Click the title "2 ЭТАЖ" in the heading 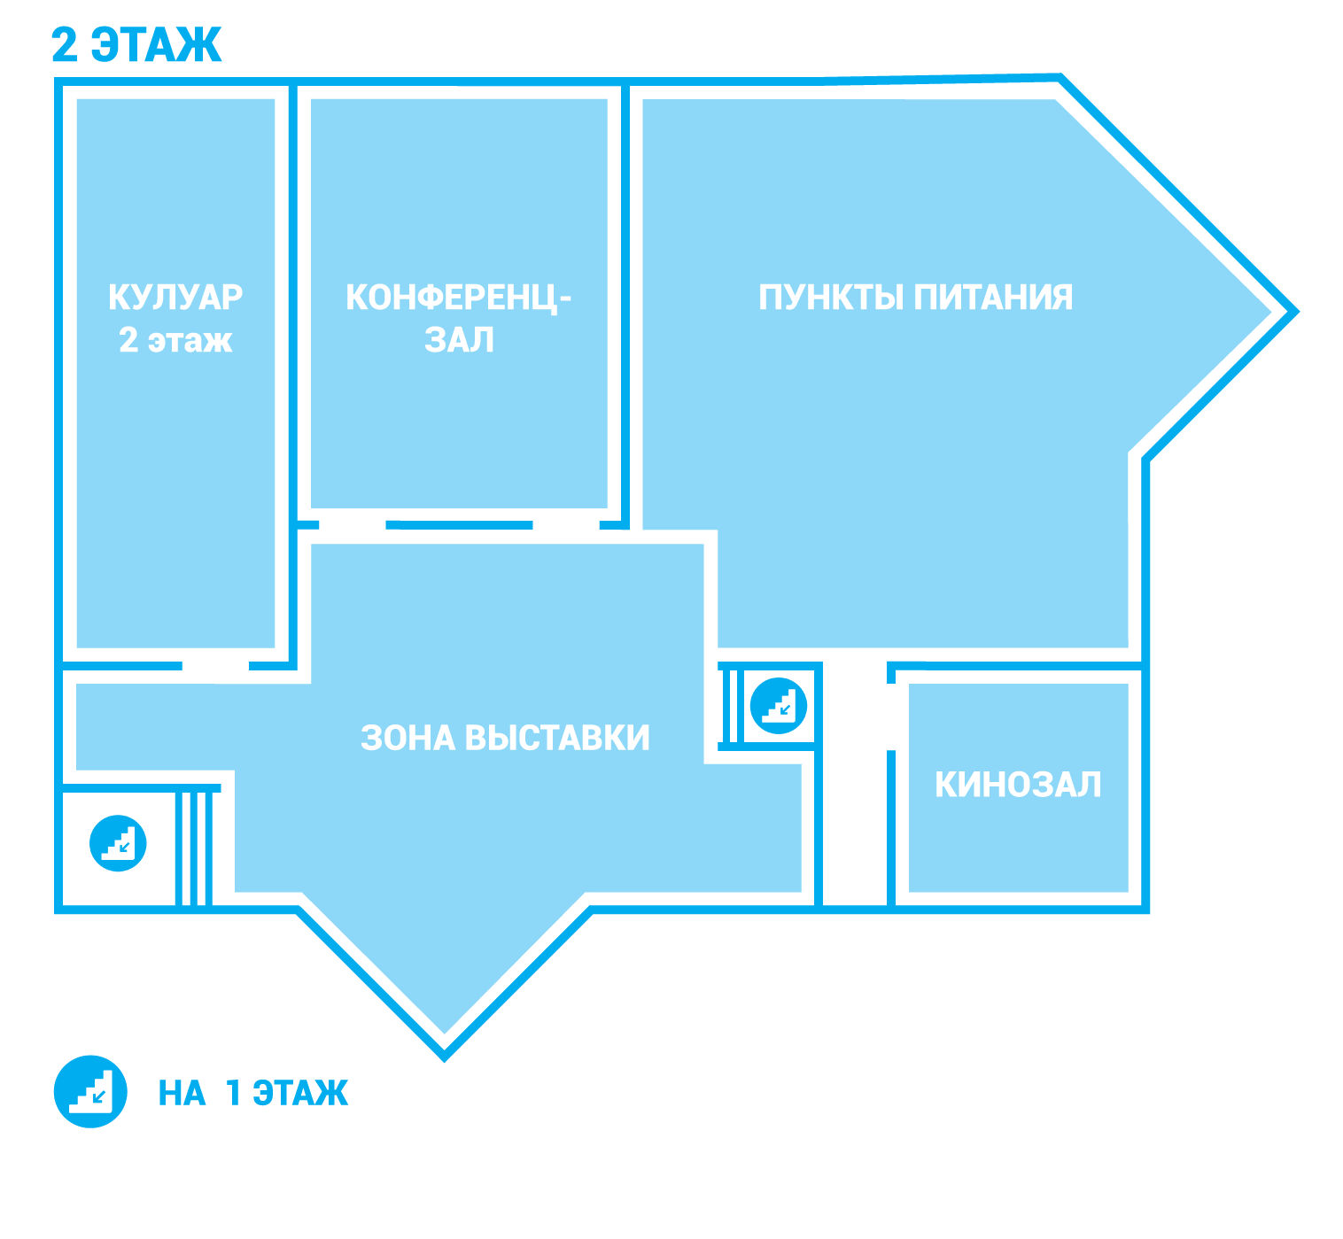(136, 45)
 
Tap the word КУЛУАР (175, 298)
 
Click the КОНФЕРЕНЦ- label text (458, 298)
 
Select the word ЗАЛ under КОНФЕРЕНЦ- (459, 340)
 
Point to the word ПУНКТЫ (832, 298)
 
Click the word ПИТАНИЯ (993, 298)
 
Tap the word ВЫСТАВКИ (557, 738)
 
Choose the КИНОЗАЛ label (1018, 785)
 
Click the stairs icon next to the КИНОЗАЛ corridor (779, 706)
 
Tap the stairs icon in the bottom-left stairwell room (118, 843)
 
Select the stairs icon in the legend (90, 1091)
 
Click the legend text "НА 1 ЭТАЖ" (253, 1093)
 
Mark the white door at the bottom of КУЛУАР (215, 666)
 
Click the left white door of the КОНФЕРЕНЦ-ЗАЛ (353, 525)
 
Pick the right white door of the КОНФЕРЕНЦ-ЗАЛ (566, 525)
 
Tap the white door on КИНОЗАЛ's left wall (891, 716)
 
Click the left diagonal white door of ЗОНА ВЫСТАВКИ (318, 917)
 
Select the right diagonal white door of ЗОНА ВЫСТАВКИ (571, 916)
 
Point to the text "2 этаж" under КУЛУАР (175, 340)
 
